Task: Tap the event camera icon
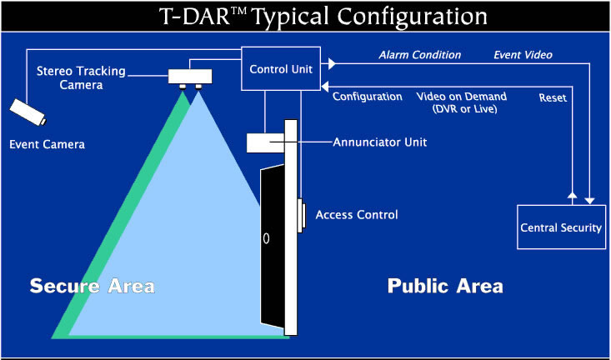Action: [28, 112]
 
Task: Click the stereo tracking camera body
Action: [190, 77]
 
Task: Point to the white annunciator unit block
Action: [265, 142]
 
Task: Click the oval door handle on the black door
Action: [266, 237]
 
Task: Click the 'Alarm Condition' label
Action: [419, 55]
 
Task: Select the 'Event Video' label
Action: [523, 55]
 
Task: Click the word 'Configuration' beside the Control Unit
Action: [367, 96]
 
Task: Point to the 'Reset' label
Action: [553, 97]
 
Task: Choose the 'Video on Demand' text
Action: [462, 96]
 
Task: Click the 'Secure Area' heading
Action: [93, 286]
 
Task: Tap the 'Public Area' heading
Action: [445, 286]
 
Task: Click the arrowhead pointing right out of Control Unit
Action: [332, 64]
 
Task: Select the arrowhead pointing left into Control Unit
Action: [324, 86]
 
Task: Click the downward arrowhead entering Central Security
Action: [589, 201]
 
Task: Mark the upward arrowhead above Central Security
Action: [572, 195]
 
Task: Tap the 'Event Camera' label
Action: [48, 145]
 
